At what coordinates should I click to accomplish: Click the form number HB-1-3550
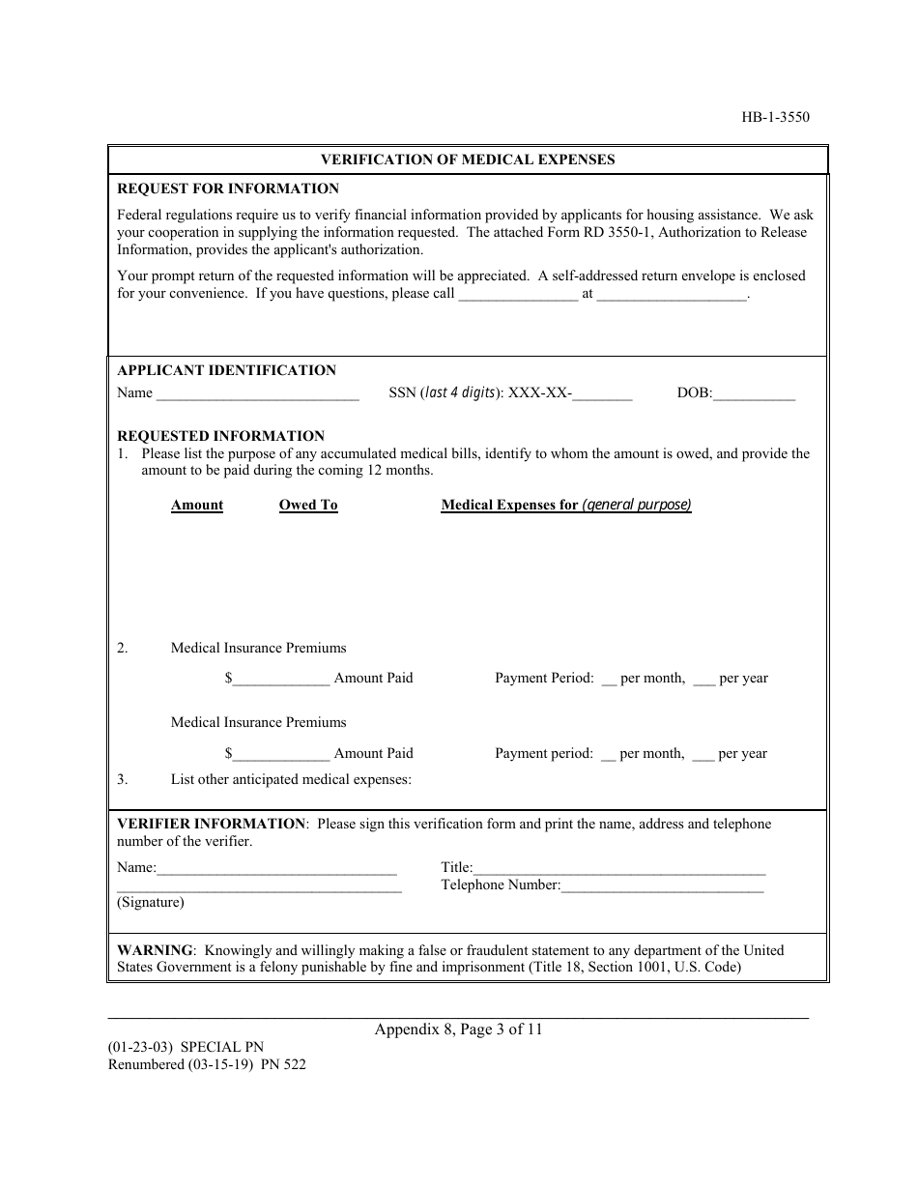click(x=776, y=118)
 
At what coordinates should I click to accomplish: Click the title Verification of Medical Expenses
click(x=468, y=159)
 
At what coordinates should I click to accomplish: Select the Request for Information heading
click(x=228, y=188)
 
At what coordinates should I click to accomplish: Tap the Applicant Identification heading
click(x=226, y=370)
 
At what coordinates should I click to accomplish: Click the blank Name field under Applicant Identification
click(x=257, y=394)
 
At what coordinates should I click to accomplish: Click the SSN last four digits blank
click(x=602, y=394)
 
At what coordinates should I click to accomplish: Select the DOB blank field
click(x=754, y=394)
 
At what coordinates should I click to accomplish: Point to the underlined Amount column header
click(x=197, y=505)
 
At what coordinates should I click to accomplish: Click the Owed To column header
click(x=308, y=505)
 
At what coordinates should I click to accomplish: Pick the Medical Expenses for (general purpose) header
click(x=566, y=505)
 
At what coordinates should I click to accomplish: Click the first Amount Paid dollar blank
click(x=281, y=680)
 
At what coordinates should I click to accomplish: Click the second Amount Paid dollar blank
click(x=281, y=755)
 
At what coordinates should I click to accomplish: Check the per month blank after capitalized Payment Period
click(x=609, y=680)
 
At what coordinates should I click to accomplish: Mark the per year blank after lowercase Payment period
click(x=703, y=755)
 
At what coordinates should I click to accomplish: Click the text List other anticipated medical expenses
click(x=292, y=779)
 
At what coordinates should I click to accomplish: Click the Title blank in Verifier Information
click(x=619, y=869)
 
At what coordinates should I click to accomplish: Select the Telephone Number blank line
click(x=662, y=886)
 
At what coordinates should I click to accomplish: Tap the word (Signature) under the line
click(x=151, y=902)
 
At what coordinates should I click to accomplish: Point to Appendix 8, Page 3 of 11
click(x=458, y=1029)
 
